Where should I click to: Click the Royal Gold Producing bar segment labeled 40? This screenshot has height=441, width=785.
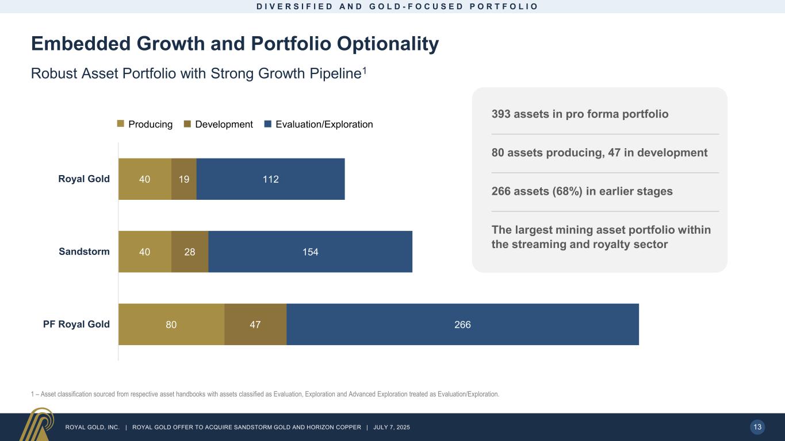point(145,179)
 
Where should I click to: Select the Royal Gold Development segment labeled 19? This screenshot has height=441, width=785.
point(184,179)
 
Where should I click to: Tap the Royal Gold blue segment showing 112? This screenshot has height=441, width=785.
point(270,179)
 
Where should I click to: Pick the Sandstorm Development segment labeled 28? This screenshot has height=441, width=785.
point(190,252)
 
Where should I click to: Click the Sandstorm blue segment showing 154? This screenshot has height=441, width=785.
point(311,252)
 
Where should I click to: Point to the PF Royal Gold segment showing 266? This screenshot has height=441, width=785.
point(462,324)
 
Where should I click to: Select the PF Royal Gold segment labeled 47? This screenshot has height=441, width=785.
point(255,324)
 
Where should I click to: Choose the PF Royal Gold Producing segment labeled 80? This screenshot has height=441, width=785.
point(171,324)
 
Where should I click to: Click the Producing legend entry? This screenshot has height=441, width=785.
point(145,124)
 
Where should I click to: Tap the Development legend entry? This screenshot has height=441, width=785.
point(219,124)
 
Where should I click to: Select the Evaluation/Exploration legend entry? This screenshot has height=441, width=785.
point(319,124)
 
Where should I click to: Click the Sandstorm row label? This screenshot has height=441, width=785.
point(85,252)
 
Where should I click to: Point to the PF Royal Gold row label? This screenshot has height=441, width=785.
point(76,324)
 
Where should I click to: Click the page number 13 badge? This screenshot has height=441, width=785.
point(757,427)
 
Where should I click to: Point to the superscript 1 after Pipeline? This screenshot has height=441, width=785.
point(364,70)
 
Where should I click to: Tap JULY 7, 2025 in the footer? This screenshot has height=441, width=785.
point(391,427)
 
